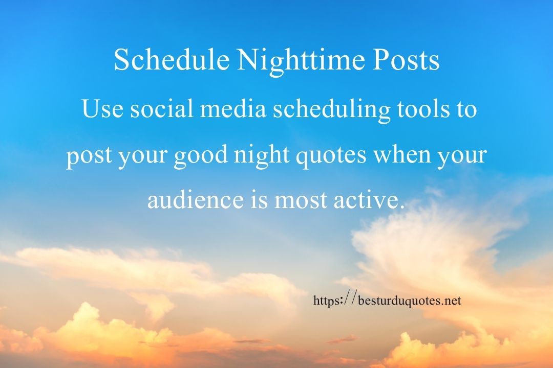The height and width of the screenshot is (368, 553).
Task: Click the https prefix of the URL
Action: [326, 302]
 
